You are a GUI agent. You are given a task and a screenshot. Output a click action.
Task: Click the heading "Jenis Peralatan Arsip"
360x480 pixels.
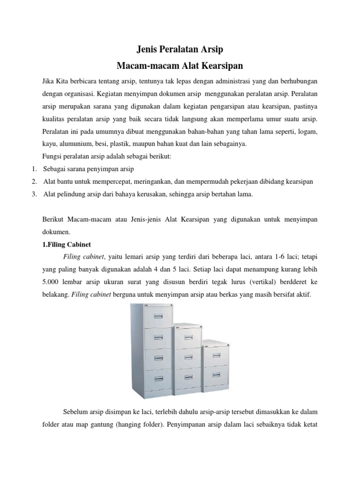(180, 48)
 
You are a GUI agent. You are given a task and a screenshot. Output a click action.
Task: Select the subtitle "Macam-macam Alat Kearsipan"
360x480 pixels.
(180, 64)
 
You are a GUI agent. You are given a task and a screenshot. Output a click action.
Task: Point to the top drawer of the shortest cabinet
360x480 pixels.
(216, 355)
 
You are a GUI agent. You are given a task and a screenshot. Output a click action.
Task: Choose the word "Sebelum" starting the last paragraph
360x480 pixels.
(75, 412)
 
